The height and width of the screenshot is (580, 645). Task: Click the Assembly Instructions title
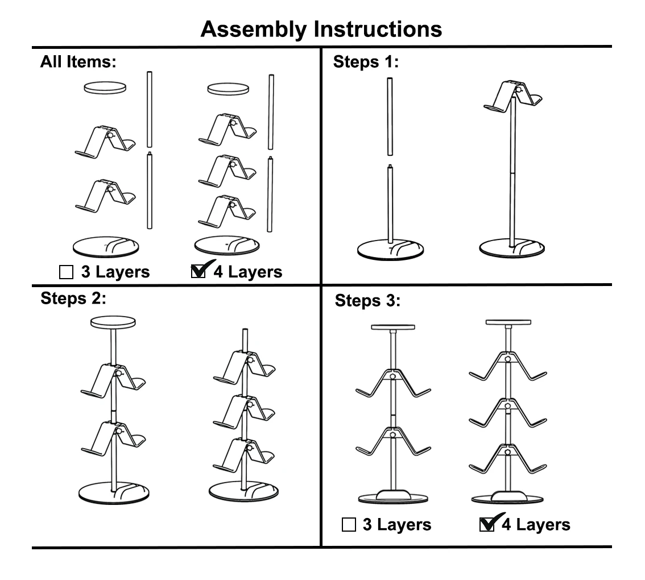321,28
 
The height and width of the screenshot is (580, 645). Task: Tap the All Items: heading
78,62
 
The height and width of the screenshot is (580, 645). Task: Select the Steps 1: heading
366,62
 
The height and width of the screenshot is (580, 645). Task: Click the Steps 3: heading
367,301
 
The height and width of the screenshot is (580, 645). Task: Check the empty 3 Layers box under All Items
67,272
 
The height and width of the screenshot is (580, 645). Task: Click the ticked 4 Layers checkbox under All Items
199,272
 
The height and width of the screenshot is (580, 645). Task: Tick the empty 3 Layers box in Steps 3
349,525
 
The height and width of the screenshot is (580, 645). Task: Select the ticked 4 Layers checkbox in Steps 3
487,524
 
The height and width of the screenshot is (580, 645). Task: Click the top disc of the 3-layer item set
105,88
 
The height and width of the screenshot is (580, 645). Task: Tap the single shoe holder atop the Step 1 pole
514,94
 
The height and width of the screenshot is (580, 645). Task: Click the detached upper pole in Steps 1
390,117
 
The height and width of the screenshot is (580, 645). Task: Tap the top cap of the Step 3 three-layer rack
392,327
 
